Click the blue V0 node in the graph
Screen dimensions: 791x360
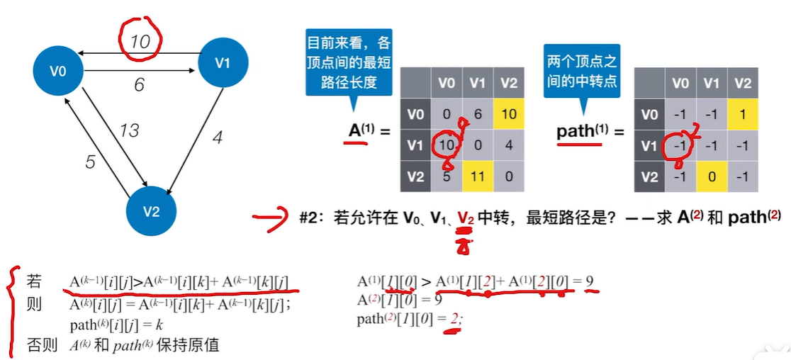click(59, 72)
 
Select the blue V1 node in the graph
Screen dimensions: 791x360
click(223, 62)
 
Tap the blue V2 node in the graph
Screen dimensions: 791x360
click(151, 211)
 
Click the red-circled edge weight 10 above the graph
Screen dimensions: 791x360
click(140, 41)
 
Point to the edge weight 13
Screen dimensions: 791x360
click(128, 130)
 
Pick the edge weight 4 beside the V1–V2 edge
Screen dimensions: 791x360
click(217, 137)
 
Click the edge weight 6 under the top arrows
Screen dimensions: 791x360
click(139, 85)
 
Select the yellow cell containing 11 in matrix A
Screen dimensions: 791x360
click(478, 176)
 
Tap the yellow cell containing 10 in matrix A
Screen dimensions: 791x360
click(509, 114)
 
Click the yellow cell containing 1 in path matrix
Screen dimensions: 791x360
click(742, 114)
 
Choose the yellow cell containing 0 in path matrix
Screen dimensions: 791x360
click(712, 176)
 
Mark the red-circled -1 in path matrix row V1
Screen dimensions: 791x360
click(680, 146)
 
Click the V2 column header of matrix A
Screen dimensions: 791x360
click(509, 83)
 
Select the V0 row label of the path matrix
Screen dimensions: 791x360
click(649, 114)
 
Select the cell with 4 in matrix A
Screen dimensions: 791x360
click(509, 146)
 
